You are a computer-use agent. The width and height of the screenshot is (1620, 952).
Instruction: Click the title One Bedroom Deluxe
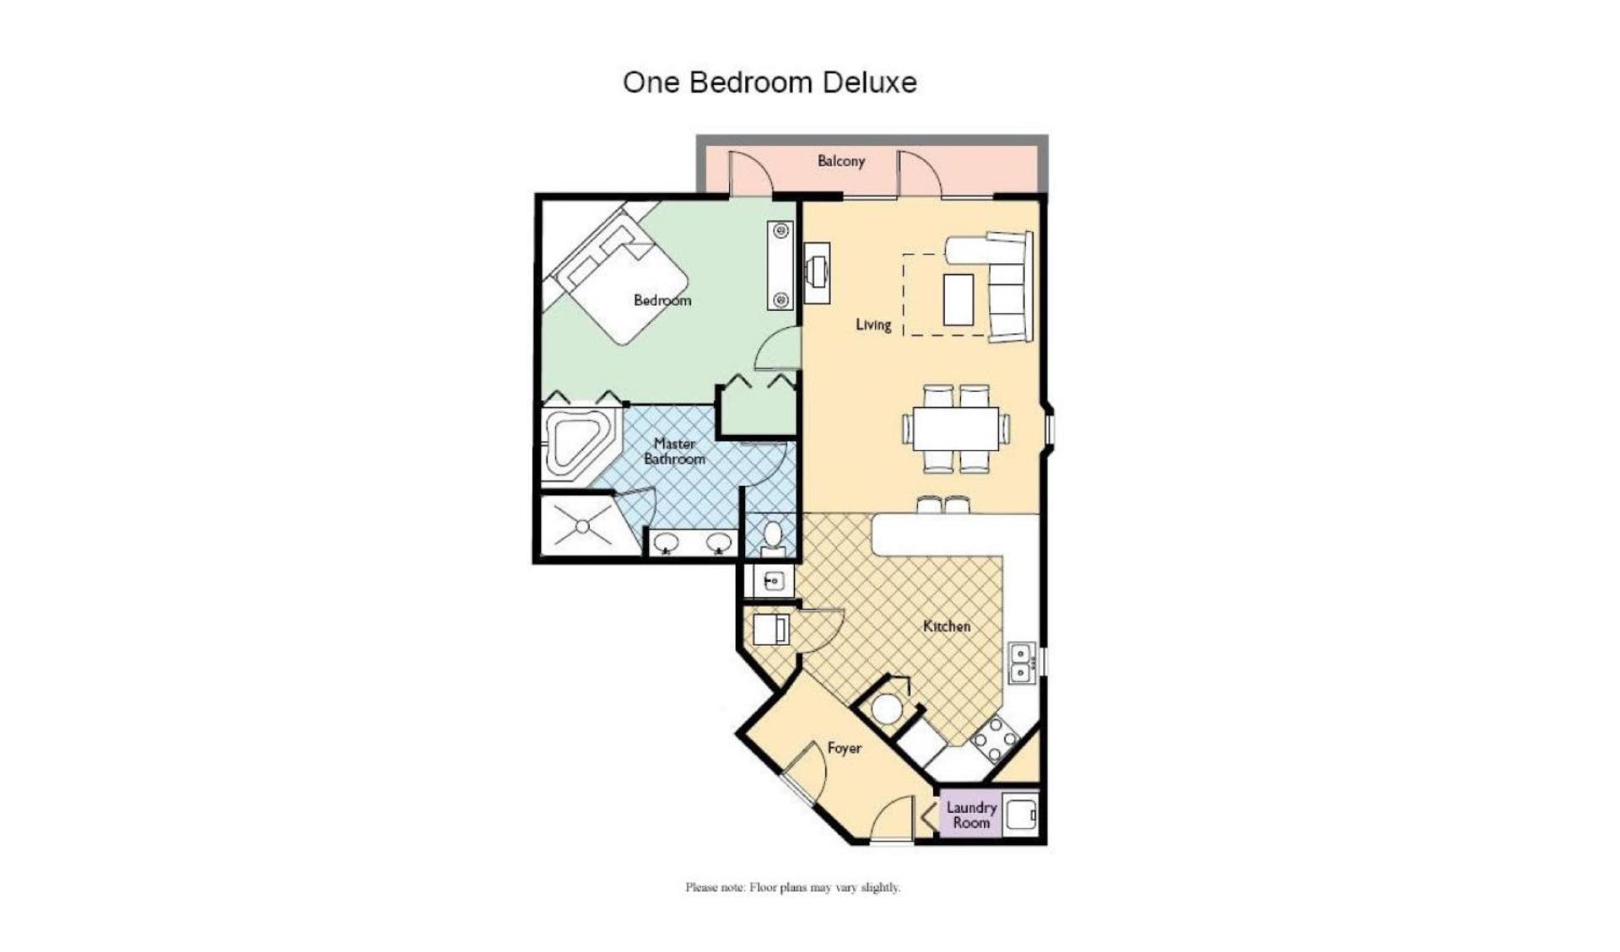(x=769, y=83)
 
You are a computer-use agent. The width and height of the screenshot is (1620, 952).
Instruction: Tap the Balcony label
(x=840, y=161)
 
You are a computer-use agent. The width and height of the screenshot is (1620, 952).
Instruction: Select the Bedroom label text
(x=662, y=300)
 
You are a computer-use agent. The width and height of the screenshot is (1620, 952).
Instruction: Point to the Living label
(x=873, y=325)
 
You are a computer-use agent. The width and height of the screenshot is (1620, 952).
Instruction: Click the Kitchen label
(x=947, y=626)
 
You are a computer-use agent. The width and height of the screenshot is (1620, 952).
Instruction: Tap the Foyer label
(x=844, y=748)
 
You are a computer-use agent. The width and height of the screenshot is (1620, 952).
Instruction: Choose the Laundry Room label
(x=971, y=815)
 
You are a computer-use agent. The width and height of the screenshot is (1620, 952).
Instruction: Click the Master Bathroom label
(x=675, y=451)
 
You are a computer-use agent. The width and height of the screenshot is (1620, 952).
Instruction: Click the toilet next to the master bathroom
(x=772, y=536)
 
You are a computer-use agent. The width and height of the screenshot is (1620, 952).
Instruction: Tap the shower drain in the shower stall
(x=583, y=527)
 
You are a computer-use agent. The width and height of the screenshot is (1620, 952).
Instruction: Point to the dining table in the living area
(x=956, y=429)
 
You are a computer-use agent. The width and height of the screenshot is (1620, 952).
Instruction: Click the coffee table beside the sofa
(x=958, y=299)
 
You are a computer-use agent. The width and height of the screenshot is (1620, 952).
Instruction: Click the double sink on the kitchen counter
(x=1021, y=662)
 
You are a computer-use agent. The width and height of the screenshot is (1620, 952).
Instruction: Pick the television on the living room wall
(x=817, y=272)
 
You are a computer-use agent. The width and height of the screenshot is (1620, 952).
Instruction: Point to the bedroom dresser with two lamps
(x=780, y=265)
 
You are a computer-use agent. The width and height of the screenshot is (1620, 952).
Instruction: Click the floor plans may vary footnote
(x=792, y=887)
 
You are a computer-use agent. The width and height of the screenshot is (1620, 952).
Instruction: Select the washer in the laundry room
(x=1020, y=815)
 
